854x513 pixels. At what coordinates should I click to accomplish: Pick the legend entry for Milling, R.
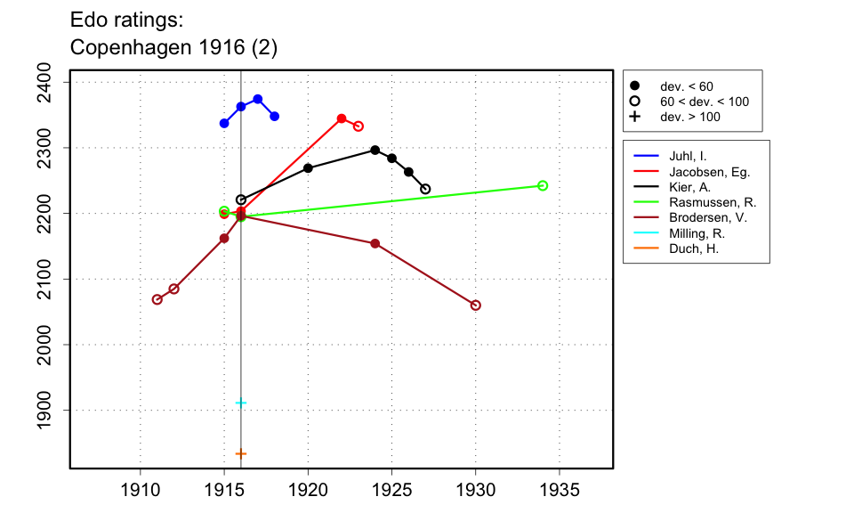coord(696,233)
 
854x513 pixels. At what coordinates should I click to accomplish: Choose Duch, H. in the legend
coord(693,248)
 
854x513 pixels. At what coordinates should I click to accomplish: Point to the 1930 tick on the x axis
coord(476,489)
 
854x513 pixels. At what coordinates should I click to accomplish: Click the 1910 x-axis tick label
coord(140,489)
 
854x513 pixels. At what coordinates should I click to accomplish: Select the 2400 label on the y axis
coord(49,82)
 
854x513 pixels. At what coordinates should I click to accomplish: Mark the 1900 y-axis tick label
coord(49,411)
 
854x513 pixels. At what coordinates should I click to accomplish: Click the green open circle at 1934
coord(543,185)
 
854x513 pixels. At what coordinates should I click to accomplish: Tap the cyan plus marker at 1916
coord(241,403)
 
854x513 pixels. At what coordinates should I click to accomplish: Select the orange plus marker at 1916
coord(241,453)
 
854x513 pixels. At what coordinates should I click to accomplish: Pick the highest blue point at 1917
coord(258,99)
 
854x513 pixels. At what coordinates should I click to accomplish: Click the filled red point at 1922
coord(342,118)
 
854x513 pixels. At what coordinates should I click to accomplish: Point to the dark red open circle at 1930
coord(476,305)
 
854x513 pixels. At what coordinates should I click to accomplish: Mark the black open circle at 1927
coord(425,189)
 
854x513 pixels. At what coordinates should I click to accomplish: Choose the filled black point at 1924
coord(375,151)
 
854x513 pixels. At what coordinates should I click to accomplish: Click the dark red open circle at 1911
coord(157,299)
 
